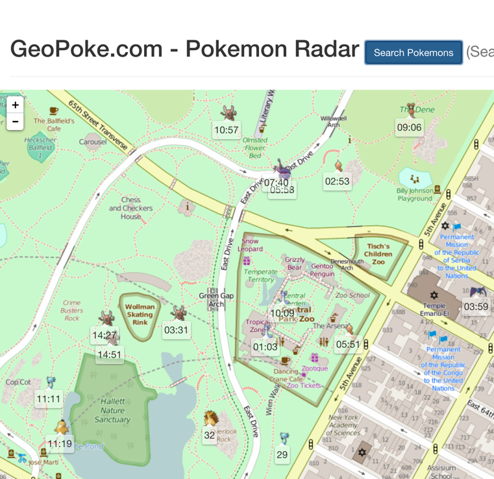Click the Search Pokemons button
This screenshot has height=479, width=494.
click(414, 53)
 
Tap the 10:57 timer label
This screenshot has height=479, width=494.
click(226, 130)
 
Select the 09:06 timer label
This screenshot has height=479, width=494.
click(409, 127)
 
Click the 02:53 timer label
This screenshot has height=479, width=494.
click(337, 181)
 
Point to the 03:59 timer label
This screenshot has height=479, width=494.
click(476, 307)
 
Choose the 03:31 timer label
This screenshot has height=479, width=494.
click(176, 330)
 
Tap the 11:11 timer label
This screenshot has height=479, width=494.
click(49, 399)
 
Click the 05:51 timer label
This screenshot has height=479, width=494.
click(348, 344)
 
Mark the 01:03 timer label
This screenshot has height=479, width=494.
click(265, 346)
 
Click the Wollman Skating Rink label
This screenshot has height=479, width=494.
click(140, 315)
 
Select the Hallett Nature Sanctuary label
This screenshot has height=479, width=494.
click(112, 411)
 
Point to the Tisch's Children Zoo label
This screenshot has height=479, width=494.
click(378, 253)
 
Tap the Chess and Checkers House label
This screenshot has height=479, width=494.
click(131, 208)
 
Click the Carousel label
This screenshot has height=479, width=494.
click(93, 142)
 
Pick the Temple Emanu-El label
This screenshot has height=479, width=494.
click(434, 309)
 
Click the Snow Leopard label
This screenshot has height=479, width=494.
click(251, 245)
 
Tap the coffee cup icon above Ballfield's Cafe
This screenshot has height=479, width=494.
click(54, 111)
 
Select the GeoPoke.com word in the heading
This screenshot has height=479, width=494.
click(86, 49)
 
